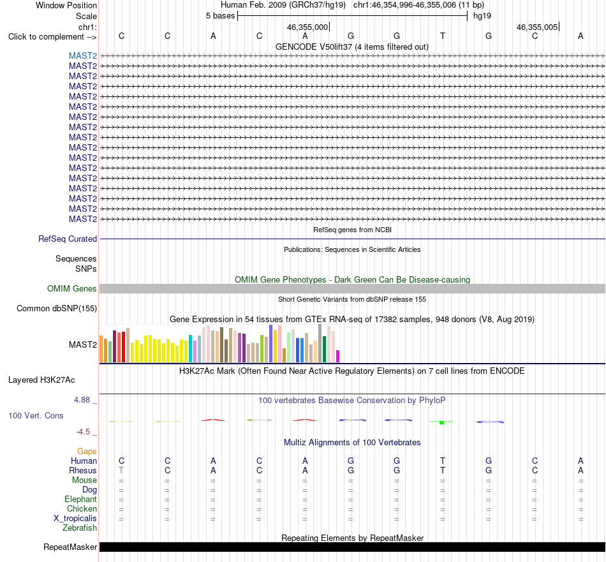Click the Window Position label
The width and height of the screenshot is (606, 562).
(66, 5)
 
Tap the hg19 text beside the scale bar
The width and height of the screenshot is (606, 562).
(482, 16)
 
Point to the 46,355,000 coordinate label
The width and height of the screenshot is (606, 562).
(307, 27)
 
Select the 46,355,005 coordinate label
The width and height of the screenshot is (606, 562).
(537, 27)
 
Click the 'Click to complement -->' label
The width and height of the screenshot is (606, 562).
(52, 37)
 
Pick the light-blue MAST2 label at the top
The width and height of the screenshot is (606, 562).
(83, 56)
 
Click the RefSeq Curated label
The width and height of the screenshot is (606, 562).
(68, 239)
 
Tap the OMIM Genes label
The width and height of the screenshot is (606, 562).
(72, 289)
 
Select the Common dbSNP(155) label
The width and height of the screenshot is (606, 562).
(57, 309)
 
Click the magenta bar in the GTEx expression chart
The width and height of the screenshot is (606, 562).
(338, 356)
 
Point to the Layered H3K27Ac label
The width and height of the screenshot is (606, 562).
(41, 380)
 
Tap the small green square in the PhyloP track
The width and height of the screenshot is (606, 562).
(441, 423)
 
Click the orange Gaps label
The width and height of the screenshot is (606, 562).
(87, 452)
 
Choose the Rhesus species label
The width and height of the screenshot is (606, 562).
(83, 470)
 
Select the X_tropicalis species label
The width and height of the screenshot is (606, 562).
(75, 519)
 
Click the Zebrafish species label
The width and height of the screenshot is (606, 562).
(80, 528)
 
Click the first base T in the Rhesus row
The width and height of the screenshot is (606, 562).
(121, 470)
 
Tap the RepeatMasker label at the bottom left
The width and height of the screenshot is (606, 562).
(70, 547)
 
